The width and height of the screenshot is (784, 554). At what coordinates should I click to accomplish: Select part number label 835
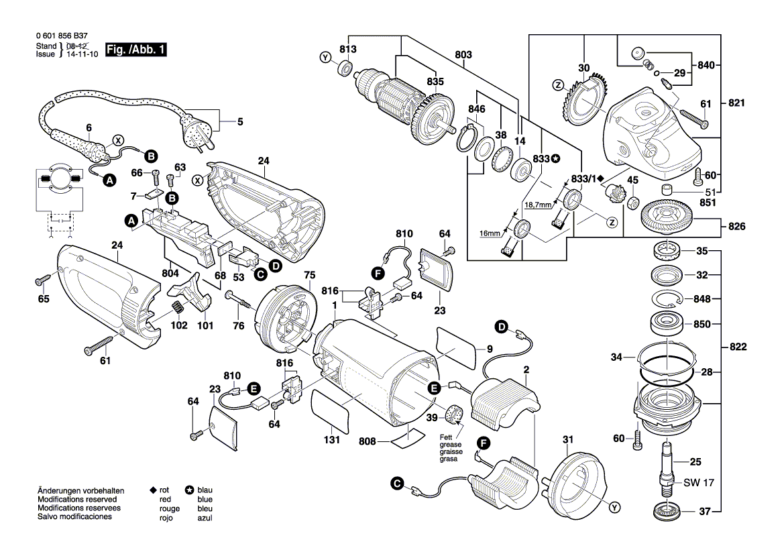(435, 82)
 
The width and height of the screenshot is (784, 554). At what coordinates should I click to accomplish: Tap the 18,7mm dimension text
(539, 204)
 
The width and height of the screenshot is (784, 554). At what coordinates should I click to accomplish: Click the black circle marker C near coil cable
(397, 484)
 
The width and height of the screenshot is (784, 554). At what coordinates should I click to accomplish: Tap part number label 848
(702, 298)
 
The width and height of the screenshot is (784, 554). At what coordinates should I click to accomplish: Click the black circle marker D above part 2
(501, 327)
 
